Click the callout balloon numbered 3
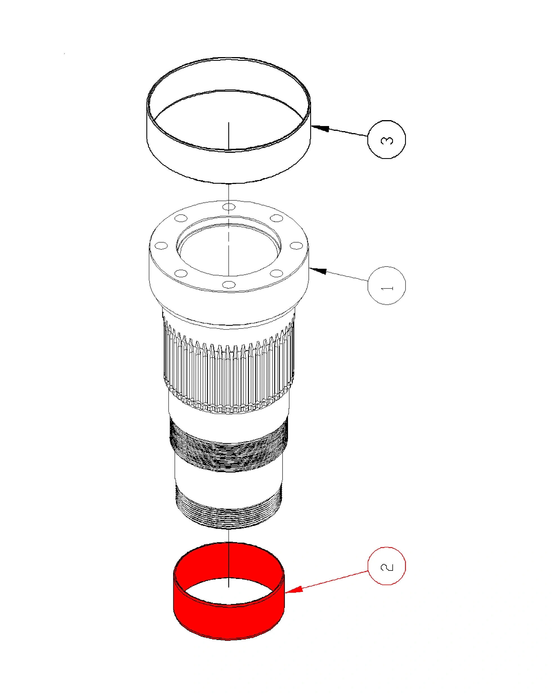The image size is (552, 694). (x=386, y=139)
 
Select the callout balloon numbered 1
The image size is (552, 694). (x=386, y=285)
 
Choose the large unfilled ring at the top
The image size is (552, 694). (x=229, y=121)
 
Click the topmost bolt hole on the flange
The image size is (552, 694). (x=229, y=206)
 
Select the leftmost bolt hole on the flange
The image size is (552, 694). (x=161, y=246)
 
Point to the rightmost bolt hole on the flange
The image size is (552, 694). (x=296, y=246)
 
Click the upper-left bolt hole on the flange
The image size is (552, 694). (x=181, y=218)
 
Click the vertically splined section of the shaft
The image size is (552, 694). (x=229, y=367)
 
